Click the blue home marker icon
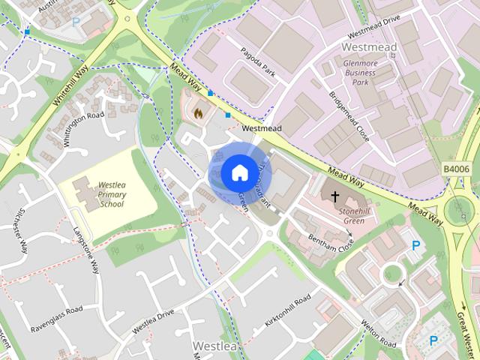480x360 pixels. (238, 172)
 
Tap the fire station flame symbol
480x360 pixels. (199, 113)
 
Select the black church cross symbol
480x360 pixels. (334, 196)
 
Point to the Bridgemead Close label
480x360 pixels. (349, 116)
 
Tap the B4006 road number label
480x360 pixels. (455, 169)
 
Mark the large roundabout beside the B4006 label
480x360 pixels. (460, 211)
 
